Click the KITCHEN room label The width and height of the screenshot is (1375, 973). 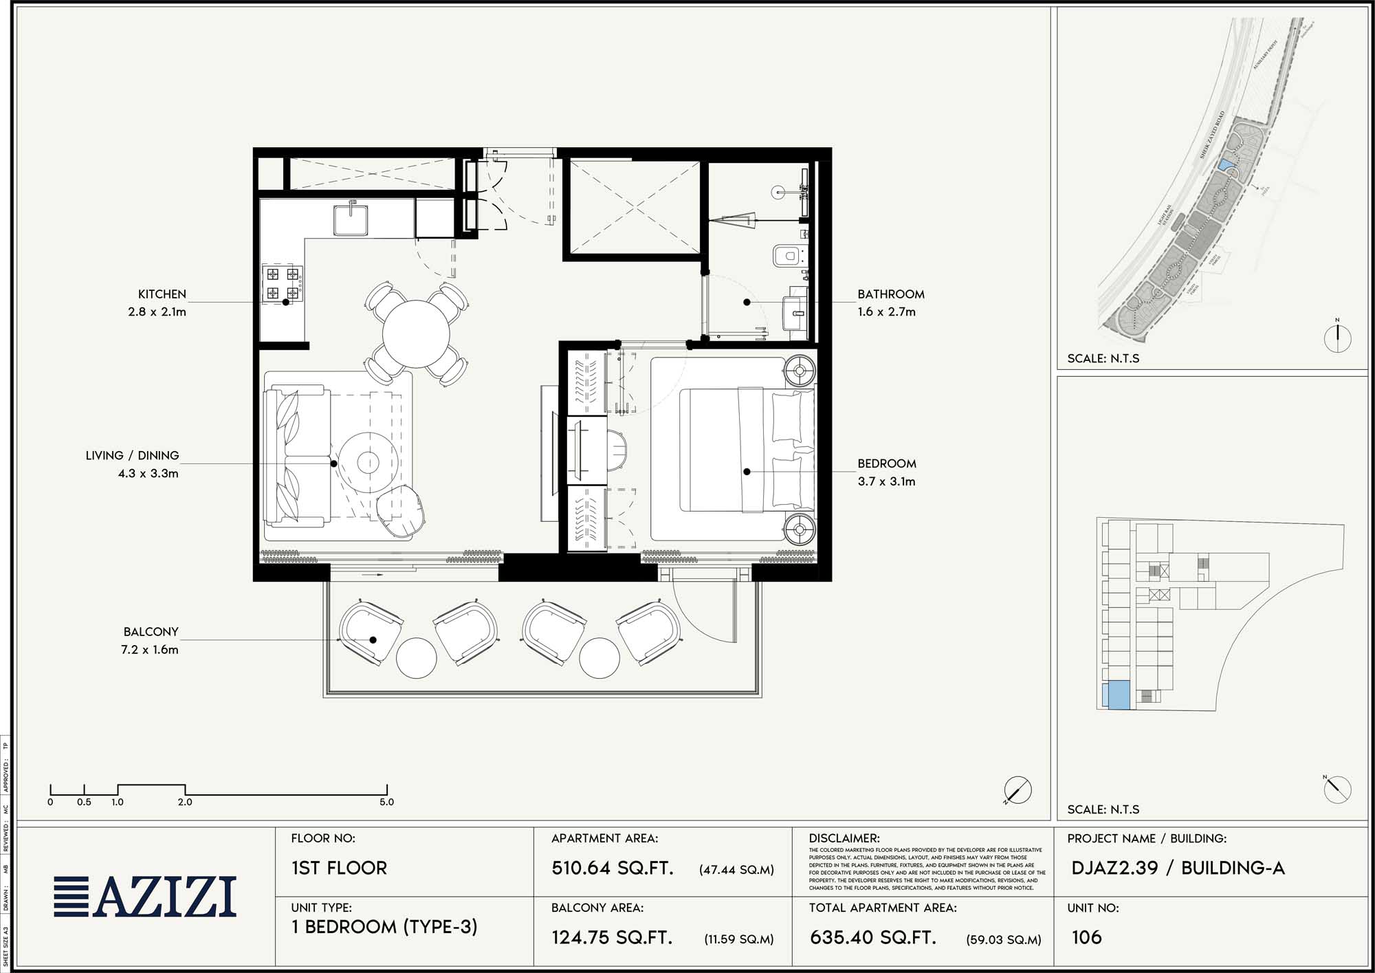162,294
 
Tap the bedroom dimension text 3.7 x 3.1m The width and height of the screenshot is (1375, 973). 886,481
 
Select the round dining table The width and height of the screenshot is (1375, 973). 416,334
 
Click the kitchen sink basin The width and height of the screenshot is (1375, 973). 351,219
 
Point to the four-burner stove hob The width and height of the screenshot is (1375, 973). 282,285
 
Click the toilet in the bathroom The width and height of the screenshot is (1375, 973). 787,256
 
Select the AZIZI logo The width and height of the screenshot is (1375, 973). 145,897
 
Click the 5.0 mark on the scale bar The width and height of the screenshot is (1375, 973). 386,801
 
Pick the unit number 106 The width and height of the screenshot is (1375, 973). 1086,937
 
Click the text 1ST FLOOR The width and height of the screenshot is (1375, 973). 339,868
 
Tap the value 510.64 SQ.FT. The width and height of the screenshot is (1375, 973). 612,868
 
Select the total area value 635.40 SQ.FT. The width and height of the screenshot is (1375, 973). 872,937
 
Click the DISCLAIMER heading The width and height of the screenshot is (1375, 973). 844,838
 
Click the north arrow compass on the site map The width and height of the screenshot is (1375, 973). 1337,338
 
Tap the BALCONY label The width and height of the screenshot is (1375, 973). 151,632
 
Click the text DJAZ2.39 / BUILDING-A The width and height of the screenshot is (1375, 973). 1177,868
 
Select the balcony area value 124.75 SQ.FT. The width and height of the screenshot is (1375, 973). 611,937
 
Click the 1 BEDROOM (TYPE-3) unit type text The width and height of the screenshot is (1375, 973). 384,927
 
